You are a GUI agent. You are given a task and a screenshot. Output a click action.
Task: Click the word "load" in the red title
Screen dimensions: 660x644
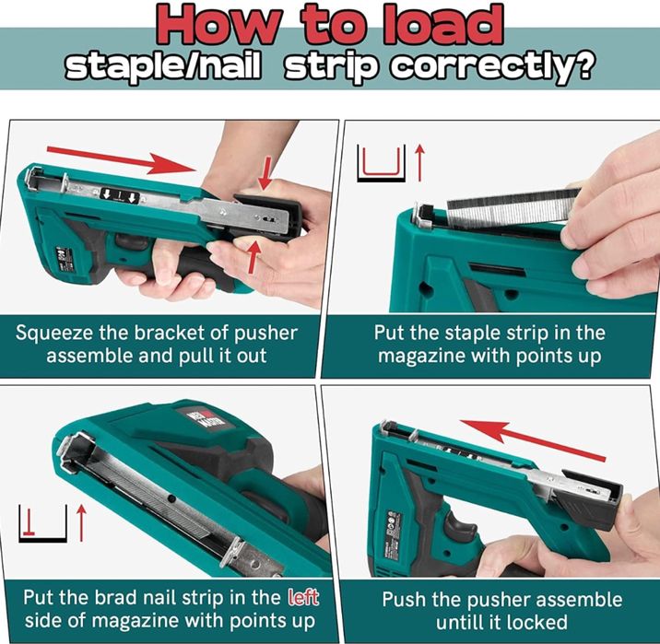[x=442, y=25]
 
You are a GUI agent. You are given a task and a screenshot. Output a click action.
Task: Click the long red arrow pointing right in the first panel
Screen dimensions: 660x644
[x=122, y=159]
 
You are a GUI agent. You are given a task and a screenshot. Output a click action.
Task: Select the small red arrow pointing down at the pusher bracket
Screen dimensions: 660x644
[x=265, y=173]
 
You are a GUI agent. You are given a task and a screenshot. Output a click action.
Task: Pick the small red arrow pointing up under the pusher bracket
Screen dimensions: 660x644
[x=253, y=257]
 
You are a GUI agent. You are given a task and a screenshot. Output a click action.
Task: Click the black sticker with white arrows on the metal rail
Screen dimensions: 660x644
[x=120, y=195]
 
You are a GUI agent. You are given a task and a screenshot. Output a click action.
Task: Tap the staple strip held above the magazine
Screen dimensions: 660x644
[x=513, y=208]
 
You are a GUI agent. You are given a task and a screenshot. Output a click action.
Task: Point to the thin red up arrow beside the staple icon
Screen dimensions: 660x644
[x=419, y=163]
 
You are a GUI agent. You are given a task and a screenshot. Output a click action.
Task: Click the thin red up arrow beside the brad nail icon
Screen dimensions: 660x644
[x=81, y=523]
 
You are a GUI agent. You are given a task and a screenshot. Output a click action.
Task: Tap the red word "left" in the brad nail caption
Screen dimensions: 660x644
[x=302, y=597]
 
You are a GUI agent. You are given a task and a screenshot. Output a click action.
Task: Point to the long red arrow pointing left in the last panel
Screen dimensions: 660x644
[x=533, y=439]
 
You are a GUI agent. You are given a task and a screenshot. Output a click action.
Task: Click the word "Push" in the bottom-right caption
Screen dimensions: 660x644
[x=403, y=600]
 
